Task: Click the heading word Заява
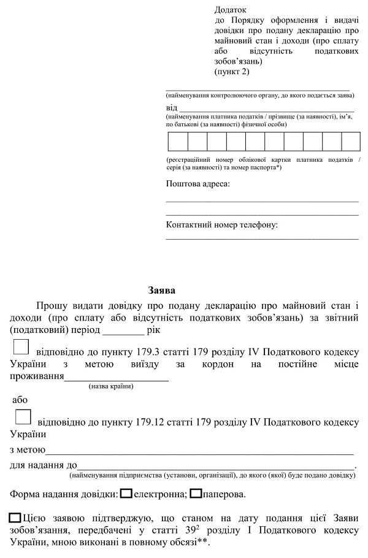162,289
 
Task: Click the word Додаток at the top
230,10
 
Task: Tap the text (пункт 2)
232,72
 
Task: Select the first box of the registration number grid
178,142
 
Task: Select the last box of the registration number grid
351,142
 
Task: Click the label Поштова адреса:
197,184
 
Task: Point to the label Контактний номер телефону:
221,225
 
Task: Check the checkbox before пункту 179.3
21,348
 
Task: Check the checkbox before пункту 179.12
23,417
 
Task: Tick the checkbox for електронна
126,493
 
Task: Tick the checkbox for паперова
196,493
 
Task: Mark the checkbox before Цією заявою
16,518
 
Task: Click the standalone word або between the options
20,400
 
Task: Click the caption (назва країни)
110,386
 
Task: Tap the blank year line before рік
123,331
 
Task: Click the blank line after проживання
117,376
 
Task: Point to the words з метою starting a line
25,450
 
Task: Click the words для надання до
43,465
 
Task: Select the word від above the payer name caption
172,107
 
